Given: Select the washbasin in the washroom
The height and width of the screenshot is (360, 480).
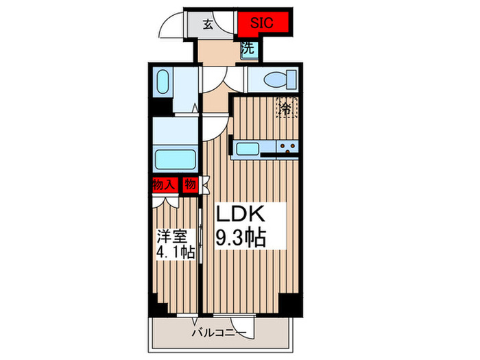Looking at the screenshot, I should [x=163, y=82].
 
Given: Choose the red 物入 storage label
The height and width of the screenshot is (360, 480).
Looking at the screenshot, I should [x=165, y=184].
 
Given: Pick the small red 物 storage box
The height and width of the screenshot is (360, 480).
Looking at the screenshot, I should [x=190, y=184].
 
